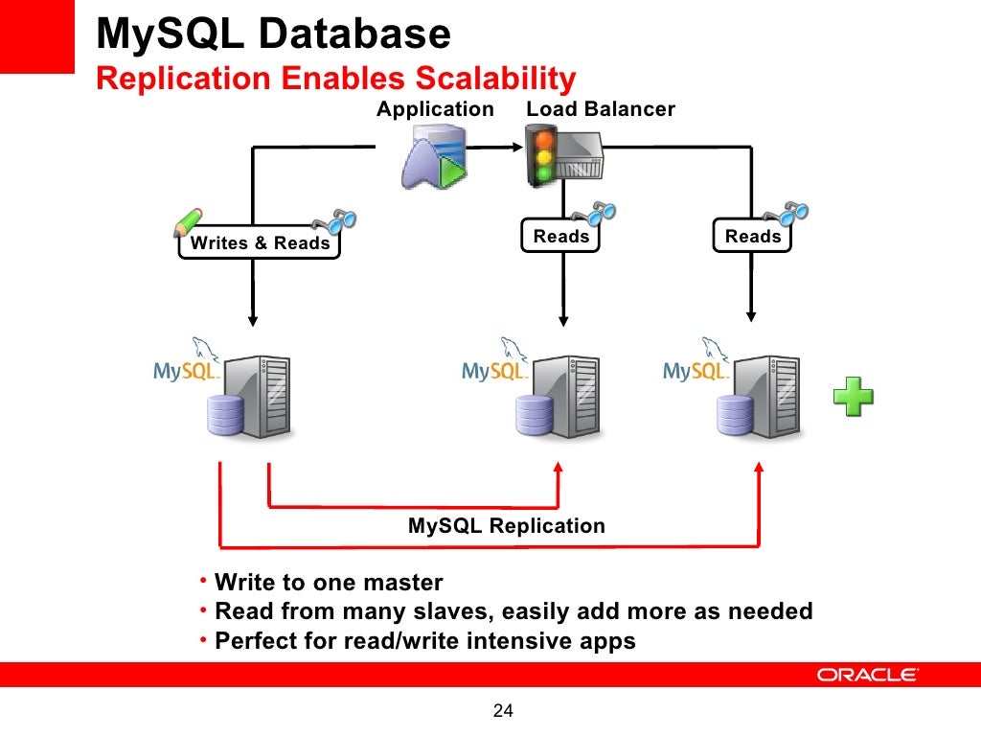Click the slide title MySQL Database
274,35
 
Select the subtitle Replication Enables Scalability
336,79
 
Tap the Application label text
435,109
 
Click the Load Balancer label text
601,109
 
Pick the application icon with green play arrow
433,159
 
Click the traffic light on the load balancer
544,156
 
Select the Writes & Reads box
260,243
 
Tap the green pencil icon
188,221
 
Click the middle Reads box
560,236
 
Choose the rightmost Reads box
753,236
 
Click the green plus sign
853,397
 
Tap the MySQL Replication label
507,526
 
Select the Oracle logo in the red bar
867,675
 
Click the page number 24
503,710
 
